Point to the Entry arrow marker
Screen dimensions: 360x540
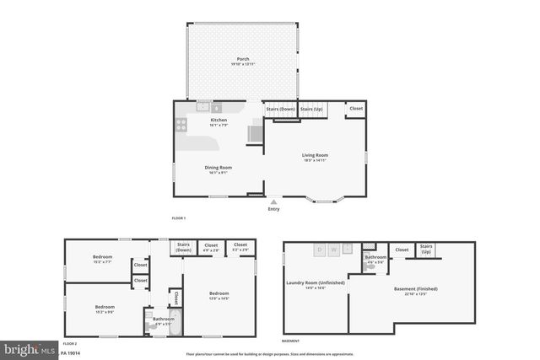(273, 202)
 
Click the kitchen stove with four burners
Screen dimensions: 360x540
(181, 126)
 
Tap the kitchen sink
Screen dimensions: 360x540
(202, 107)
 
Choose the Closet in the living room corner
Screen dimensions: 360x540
(356, 109)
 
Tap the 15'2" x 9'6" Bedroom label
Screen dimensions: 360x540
(105, 309)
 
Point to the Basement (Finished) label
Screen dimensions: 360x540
(415, 292)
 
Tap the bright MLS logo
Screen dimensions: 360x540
(29, 347)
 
